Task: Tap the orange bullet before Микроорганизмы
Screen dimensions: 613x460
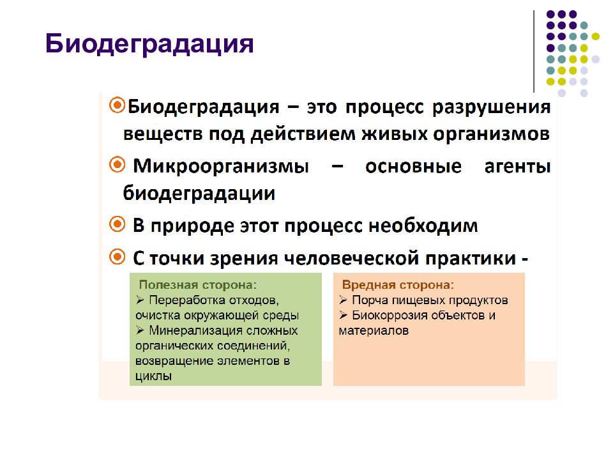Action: [x=117, y=165]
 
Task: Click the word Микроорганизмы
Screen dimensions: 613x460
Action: [x=221, y=167]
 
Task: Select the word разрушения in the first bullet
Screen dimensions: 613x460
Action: [x=492, y=107]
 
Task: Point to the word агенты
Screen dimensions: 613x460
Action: [x=518, y=167]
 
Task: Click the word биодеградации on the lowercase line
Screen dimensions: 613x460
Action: [x=199, y=193]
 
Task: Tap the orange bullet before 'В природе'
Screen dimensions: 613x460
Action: [x=117, y=224]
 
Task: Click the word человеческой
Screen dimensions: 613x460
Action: [x=351, y=259]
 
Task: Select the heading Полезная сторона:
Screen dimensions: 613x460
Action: [x=198, y=285]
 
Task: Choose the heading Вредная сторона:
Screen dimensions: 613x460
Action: [x=398, y=285]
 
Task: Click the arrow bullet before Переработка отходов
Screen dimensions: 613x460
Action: [x=140, y=300]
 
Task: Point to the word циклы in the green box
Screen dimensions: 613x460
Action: [x=154, y=376]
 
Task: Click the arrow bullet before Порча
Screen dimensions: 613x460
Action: [x=344, y=300]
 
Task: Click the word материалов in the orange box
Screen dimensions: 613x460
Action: [x=374, y=331]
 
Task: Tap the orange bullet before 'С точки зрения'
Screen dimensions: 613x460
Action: [x=117, y=257]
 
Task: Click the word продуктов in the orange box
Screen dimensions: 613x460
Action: [x=478, y=300]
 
